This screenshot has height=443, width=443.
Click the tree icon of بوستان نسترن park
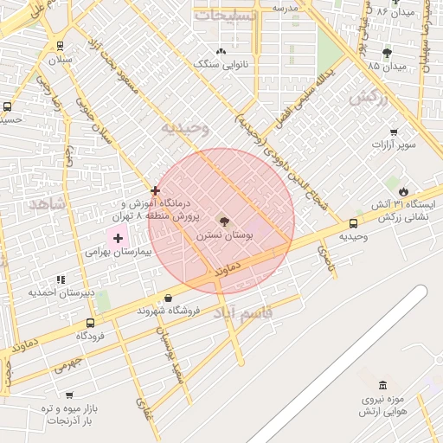(225, 221)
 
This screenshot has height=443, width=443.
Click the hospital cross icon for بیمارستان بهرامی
(118, 236)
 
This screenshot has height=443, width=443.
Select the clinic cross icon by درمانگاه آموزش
(155, 190)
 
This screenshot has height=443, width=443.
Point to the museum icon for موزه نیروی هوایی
(382, 385)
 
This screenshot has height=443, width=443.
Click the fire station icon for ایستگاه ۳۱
(403, 191)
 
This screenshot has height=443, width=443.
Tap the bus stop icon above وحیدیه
(352, 223)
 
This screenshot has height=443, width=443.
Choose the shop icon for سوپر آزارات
(394, 132)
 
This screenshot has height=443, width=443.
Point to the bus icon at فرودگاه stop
(90, 323)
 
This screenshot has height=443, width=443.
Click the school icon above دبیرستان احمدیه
(60, 279)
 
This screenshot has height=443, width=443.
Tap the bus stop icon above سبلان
(59, 46)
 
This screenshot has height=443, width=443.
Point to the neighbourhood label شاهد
(46, 205)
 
